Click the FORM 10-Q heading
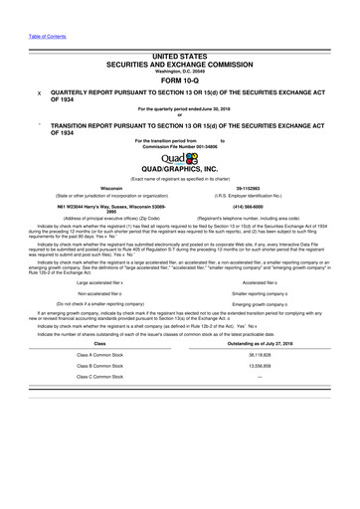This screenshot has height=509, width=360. pos(180,83)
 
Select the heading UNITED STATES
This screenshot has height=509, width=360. pos(180,59)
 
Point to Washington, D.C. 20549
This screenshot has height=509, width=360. pos(180,71)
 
